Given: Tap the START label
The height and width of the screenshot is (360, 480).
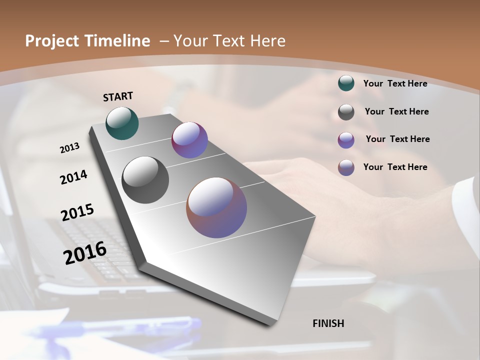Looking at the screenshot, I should tap(118, 96).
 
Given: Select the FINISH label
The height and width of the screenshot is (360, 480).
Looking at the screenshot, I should tap(328, 323).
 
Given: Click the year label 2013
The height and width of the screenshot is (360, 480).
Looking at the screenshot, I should tap(69, 148).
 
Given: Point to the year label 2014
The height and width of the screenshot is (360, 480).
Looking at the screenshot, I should tap(73, 177).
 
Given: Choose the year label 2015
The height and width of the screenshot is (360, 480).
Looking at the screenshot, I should tap(77, 212).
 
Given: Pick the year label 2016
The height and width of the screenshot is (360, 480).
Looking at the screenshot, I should tap(85, 252).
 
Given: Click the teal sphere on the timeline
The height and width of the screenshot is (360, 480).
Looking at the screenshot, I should tap(122, 123).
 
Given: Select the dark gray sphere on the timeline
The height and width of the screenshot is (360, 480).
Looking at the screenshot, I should tap(145, 180).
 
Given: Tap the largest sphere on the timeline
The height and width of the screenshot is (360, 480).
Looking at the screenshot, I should tap(216, 207).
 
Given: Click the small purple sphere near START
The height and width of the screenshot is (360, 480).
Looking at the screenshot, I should tap(189, 140).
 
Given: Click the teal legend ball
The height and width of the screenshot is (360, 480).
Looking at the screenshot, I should tap(346, 83).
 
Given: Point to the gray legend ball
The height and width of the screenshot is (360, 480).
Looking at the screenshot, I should tap(346, 112).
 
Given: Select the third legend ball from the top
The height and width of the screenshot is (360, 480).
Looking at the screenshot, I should tap(346, 140).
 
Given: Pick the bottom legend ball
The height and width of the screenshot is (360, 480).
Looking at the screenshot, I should tap(346, 167).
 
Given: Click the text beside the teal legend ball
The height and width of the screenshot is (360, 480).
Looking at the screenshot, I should tap(395, 83).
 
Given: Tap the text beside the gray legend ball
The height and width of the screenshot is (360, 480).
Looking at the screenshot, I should tap(397, 111).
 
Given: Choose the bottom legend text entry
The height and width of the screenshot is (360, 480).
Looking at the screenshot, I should tap(395, 167).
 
